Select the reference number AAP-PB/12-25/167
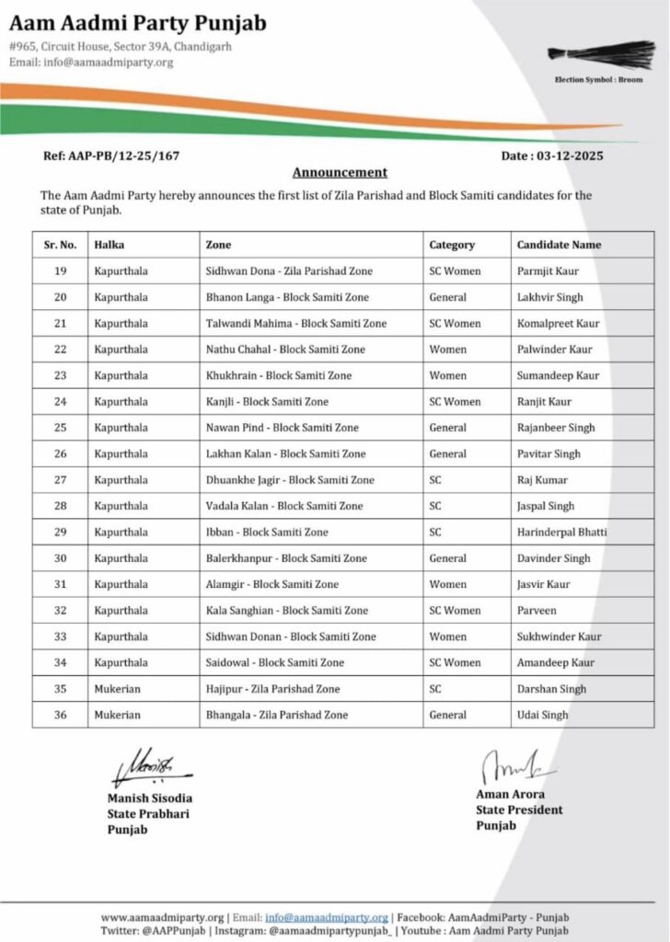111,156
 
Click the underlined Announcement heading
340,172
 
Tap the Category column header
452,245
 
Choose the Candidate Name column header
559,245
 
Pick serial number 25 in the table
61,428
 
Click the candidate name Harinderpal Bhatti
561,533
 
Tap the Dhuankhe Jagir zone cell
290,480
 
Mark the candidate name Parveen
537,611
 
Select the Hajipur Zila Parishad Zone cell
272,689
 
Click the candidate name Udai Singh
542,715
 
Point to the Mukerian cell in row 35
117,689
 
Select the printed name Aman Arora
511,794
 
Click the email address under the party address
91,63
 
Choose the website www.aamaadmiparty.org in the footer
162,917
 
